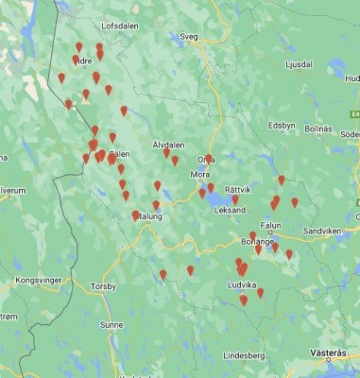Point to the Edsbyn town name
click(282, 125)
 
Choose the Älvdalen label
click(168, 144)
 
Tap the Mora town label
click(200, 174)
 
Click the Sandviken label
click(321, 231)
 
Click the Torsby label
click(101, 285)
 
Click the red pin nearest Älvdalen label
click(166, 151)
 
